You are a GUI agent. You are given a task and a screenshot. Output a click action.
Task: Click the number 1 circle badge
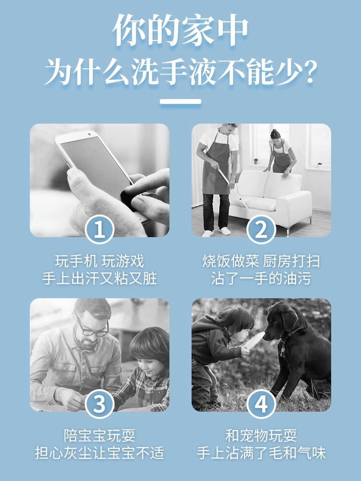click(100, 229)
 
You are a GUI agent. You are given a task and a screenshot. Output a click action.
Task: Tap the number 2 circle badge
click(261, 229)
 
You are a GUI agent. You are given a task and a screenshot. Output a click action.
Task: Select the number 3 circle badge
click(100, 404)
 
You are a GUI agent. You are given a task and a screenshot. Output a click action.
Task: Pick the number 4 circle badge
click(261, 404)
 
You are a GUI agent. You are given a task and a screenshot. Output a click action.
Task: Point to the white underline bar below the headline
click(180, 101)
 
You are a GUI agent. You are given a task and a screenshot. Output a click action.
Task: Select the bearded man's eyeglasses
click(92, 328)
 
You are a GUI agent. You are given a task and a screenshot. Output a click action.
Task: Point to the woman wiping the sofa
click(280, 153)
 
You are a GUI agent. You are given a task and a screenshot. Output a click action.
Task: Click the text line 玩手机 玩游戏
click(100, 261)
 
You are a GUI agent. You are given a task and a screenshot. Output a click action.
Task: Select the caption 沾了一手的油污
click(261, 279)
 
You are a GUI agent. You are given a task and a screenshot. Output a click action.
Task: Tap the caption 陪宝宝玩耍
click(100, 436)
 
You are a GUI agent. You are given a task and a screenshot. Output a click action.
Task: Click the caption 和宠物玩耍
click(261, 436)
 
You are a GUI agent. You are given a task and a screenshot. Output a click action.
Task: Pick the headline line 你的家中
click(180, 30)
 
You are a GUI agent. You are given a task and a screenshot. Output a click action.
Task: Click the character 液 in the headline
click(203, 73)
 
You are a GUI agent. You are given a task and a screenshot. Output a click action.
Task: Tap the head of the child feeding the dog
click(237, 322)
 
